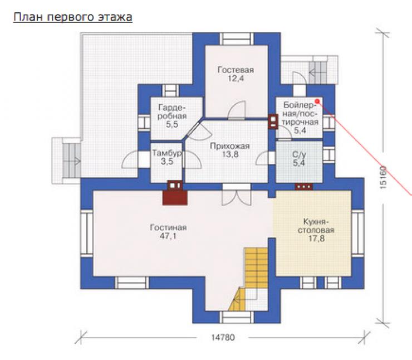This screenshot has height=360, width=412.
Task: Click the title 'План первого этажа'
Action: tap(73, 17)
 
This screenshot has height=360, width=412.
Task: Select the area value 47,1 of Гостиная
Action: tap(168, 236)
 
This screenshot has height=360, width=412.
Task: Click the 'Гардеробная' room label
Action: tap(172, 112)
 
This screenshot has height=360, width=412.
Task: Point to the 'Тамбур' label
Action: tap(167, 153)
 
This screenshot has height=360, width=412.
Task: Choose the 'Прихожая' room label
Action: tap(230, 146)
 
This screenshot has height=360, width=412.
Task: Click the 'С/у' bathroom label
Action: tap(299, 154)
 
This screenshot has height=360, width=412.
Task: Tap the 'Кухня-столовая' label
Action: tap(316, 226)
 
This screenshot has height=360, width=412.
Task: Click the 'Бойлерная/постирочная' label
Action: tap(300, 114)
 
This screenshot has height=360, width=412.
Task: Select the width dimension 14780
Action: tap(223, 337)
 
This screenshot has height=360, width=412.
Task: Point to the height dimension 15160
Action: tap(383, 177)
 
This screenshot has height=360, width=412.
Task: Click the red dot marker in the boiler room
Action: tap(317, 101)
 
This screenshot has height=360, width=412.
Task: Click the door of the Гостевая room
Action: tap(237, 110)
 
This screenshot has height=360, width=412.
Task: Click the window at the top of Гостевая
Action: tap(237, 38)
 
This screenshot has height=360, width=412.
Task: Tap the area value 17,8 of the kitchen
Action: tap(316, 239)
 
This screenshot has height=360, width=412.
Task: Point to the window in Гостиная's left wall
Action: tap(87, 233)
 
